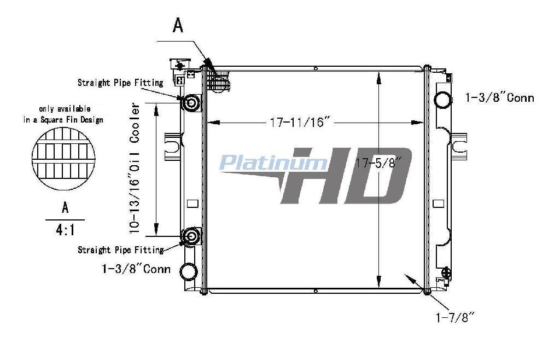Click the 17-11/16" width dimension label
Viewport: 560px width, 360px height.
(301, 123)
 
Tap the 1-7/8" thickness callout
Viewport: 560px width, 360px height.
(456, 317)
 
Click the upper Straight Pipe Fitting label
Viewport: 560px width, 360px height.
(120, 83)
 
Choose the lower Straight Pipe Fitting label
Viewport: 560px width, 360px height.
(121, 249)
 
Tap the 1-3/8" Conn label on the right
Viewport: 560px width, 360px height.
(500, 97)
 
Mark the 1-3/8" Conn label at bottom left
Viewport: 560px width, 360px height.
(136, 269)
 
